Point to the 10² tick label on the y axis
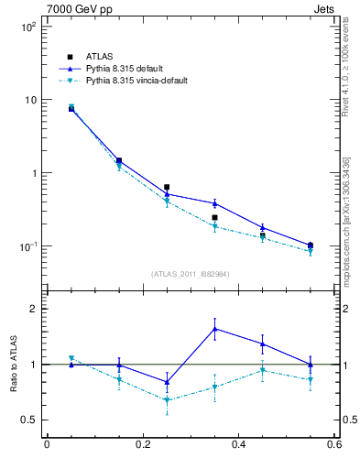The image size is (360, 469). pos(28,27)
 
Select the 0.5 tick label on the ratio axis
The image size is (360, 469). pos(28,420)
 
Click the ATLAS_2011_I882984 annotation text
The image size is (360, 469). pos(191,274)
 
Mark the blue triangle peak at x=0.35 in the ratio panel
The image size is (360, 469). pos(214,329)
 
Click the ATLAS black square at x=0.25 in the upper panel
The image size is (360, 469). pos(167,187)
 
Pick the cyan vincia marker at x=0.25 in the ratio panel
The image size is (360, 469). pos(167,400)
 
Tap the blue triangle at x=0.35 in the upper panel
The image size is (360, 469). pos(214,203)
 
